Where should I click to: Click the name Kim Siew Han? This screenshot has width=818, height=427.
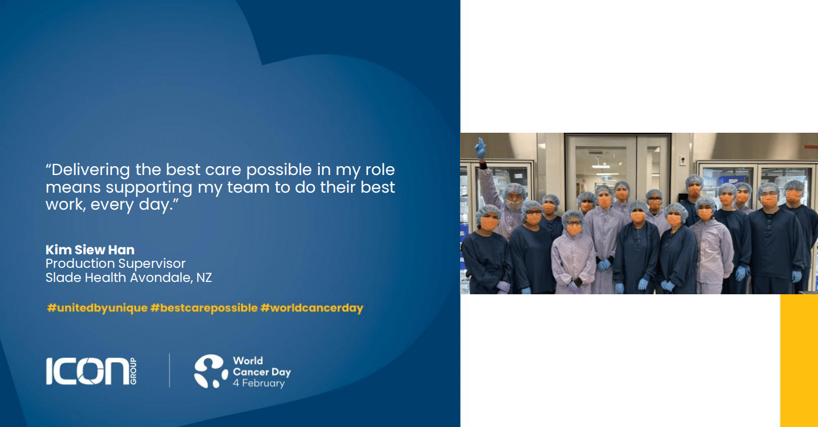[x=90, y=250]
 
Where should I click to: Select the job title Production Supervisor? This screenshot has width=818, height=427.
[x=116, y=264]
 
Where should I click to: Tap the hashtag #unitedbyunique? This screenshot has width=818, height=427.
[x=97, y=308]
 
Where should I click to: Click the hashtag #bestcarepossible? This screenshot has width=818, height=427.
[x=204, y=308]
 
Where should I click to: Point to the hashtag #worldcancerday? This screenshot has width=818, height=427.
[x=312, y=308]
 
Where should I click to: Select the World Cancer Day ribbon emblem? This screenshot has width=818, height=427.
[x=211, y=371]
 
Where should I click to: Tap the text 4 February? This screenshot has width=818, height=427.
[x=259, y=383]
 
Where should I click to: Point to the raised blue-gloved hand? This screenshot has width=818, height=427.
[x=480, y=148]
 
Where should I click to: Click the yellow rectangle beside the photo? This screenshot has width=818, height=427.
[x=799, y=361]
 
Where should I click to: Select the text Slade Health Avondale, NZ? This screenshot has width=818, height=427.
[x=129, y=277]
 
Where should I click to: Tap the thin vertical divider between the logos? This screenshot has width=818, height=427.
[x=170, y=371]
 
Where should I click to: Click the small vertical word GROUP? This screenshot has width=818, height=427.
[x=133, y=371]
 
